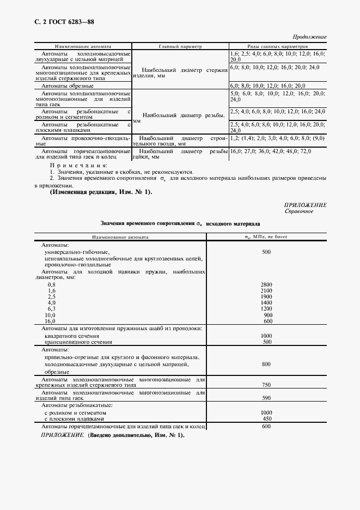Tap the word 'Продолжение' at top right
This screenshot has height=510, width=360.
coord(309,37)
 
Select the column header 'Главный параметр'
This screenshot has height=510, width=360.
coord(180,47)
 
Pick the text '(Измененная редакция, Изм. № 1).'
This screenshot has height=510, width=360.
coord(94,192)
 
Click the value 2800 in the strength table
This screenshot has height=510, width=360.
coord(266,285)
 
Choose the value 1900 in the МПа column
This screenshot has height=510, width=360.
coord(266,297)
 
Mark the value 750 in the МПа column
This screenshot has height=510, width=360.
coord(266,385)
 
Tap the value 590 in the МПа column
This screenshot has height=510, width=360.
coord(266,398)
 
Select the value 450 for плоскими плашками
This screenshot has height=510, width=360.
coord(266,418)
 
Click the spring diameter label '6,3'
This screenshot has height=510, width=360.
coord(52,309)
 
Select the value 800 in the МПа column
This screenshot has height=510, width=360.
coord(266,363)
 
